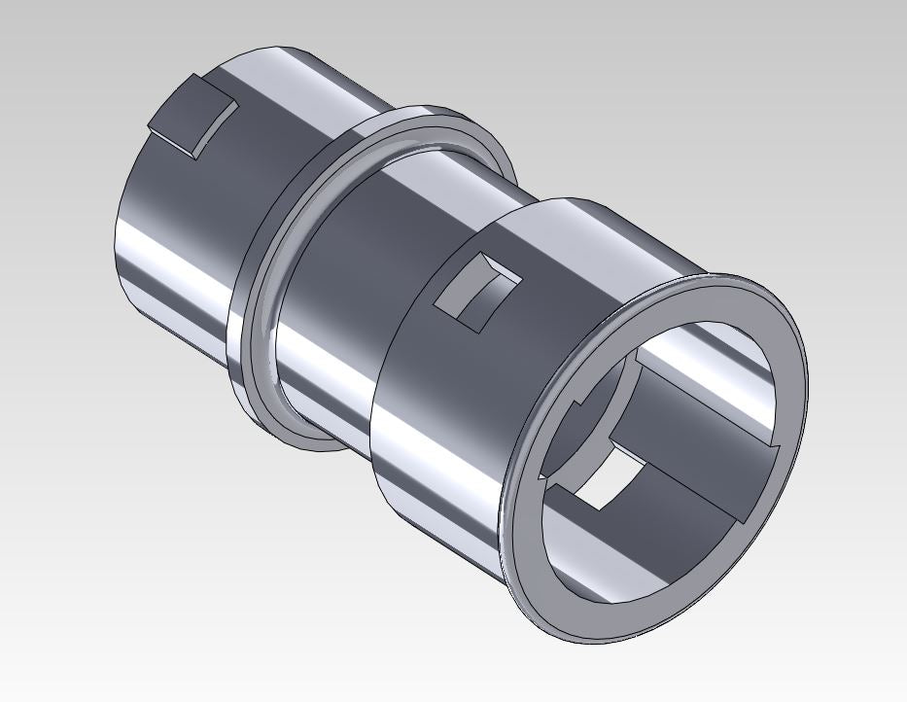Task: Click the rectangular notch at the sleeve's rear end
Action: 193,116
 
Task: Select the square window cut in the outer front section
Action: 476,291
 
